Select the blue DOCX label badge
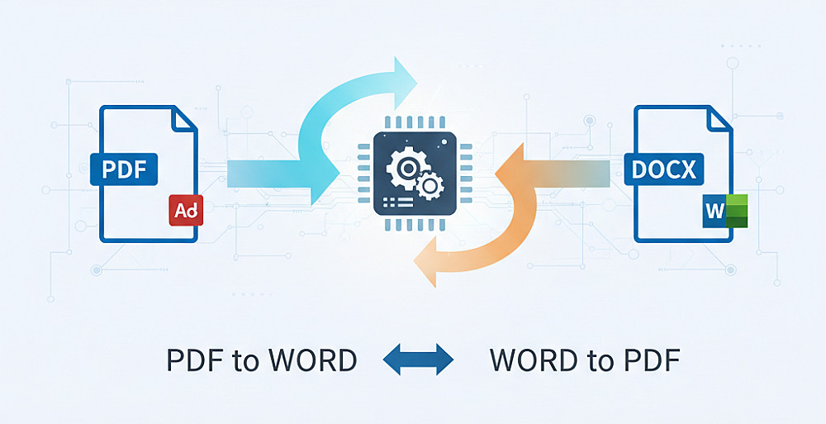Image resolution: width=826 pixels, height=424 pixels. click(x=664, y=169)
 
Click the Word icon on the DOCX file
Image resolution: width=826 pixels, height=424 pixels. click(x=724, y=212)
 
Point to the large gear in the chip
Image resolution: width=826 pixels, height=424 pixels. click(x=406, y=168)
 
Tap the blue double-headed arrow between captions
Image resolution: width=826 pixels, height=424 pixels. click(x=420, y=360)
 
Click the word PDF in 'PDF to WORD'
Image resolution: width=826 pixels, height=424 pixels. click(x=194, y=360)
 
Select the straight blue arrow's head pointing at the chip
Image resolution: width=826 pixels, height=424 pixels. click(x=326, y=173)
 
